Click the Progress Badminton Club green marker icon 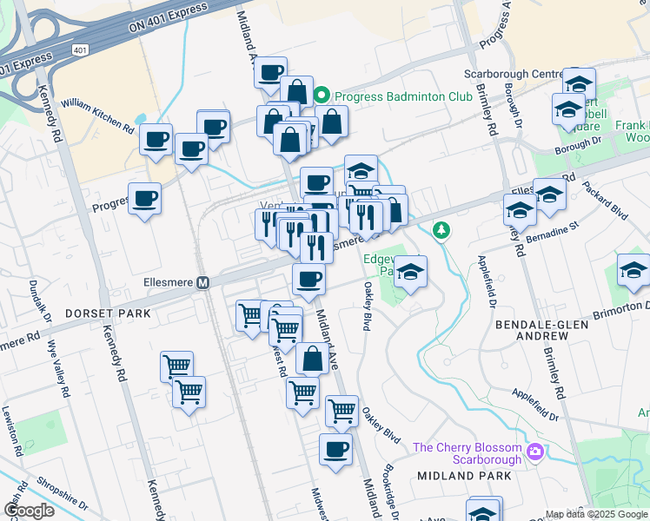click(x=322, y=96)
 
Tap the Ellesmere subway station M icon click(x=203, y=283)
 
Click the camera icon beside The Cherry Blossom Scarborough click(x=536, y=452)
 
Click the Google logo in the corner click(x=29, y=511)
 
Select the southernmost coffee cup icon click(x=335, y=450)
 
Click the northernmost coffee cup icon click(x=271, y=71)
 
